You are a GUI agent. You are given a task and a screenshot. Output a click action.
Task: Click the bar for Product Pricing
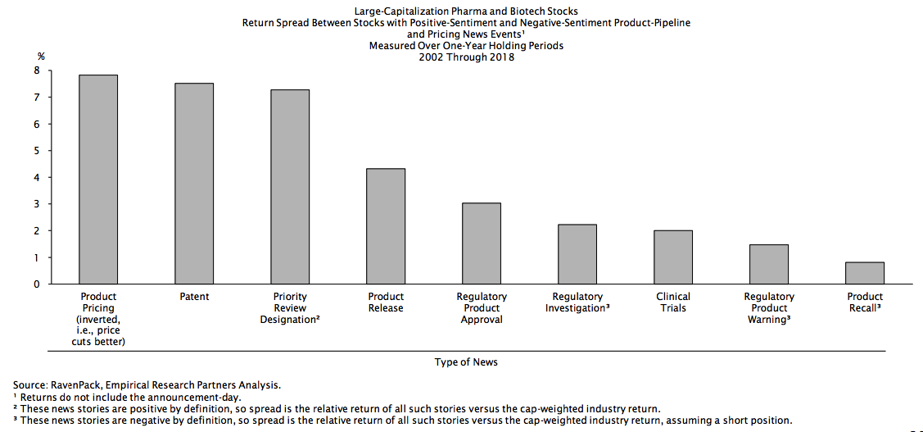pos(98,180)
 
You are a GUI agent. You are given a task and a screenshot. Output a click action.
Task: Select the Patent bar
pos(194,184)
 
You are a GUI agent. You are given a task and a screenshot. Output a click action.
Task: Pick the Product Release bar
pos(386,226)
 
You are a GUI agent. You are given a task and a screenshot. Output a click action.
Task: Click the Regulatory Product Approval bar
pos(482,243)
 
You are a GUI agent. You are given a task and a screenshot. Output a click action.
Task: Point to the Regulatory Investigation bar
pos(577,254)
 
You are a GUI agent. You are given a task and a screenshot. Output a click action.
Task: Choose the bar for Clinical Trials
pos(673,257)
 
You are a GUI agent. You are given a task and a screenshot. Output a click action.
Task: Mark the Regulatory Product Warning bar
pos(769,264)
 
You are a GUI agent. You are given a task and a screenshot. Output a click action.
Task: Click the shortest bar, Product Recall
pos(865,273)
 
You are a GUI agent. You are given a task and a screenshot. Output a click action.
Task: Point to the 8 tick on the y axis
pos(37,71)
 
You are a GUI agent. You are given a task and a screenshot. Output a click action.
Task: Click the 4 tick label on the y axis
pos(37,178)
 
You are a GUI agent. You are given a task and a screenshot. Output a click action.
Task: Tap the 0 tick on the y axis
pos(37,284)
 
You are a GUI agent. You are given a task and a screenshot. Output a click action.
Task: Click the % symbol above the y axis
pos(41,56)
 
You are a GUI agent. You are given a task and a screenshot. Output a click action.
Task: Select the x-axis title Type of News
pos(466,362)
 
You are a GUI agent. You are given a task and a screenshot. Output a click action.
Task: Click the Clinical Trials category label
pos(673,302)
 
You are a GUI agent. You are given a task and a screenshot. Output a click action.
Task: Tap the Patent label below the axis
pos(194,297)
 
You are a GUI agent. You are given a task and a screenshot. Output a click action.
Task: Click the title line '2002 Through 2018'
pos(466,57)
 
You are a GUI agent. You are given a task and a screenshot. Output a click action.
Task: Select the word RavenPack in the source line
pos(72,384)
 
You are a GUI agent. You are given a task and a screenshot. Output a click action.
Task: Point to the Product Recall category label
pos(865,302)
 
